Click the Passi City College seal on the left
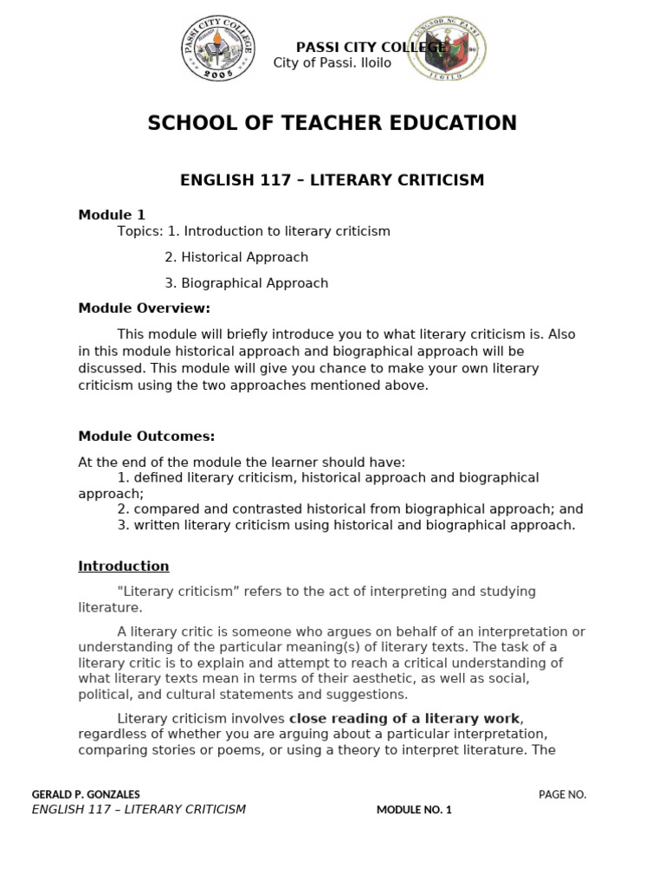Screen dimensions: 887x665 (x=216, y=49)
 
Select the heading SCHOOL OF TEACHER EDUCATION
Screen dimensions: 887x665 (x=332, y=123)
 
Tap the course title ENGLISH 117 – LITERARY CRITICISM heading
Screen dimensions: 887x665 (x=332, y=180)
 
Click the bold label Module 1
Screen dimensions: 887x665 (x=112, y=215)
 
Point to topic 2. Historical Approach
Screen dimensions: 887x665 (x=236, y=257)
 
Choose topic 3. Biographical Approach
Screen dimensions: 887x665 (x=246, y=283)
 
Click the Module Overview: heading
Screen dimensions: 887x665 (x=144, y=308)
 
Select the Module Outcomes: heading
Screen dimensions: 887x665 (x=146, y=437)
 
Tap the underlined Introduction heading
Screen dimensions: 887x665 (x=124, y=567)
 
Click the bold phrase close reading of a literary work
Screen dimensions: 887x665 (x=405, y=719)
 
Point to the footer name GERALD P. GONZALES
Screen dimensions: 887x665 (x=86, y=794)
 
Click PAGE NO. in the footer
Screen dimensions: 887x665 (x=562, y=794)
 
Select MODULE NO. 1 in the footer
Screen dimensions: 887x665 (x=414, y=810)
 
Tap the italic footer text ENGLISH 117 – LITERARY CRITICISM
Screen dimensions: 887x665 (x=139, y=810)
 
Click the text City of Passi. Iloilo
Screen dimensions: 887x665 (x=332, y=63)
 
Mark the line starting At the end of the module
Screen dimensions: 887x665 (x=242, y=463)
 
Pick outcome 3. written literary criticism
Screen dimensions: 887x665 (x=346, y=526)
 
